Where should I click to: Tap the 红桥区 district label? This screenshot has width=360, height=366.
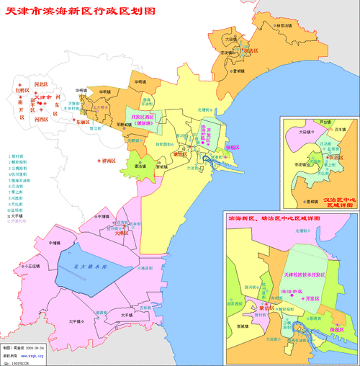(x=22, y=91)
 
